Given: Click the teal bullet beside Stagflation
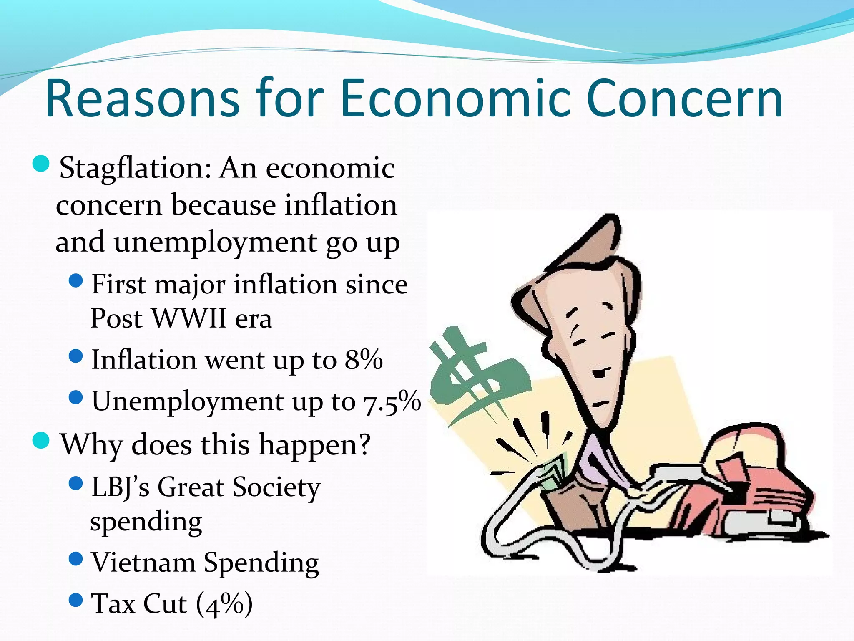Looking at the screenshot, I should point(41,164).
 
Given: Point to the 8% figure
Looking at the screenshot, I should point(364,359).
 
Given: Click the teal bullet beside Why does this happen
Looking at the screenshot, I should point(41,440).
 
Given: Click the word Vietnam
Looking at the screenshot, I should point(143,563).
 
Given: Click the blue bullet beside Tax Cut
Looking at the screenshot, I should point(76,600).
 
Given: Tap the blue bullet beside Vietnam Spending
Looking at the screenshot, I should point(76,559).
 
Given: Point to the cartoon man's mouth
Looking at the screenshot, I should point(600,373).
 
